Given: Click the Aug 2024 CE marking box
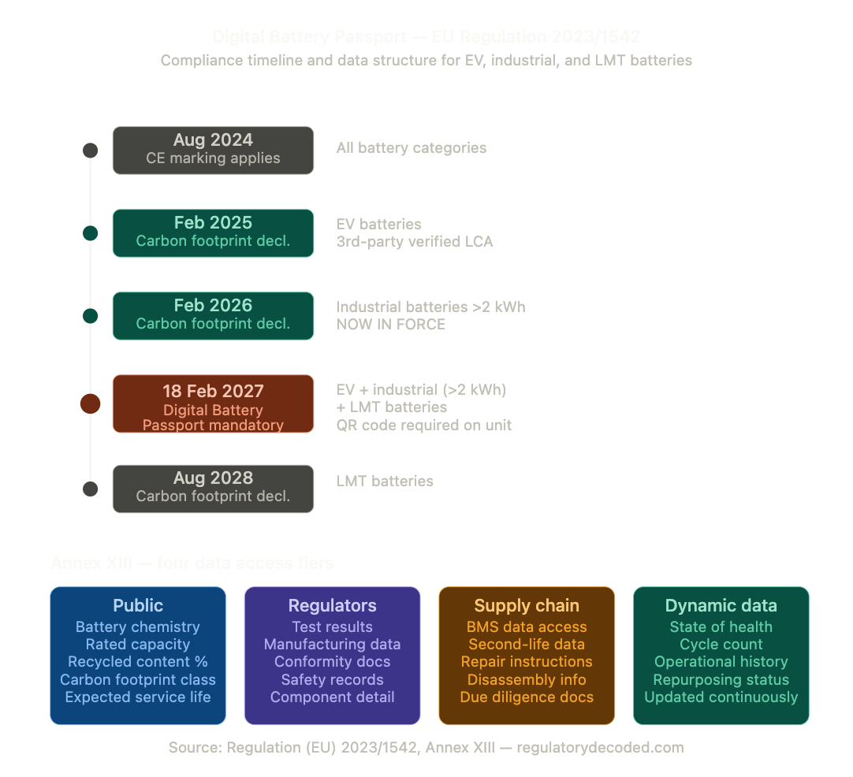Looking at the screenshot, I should pyautogui.click(x=213, y=150).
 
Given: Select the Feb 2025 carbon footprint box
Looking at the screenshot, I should pyautogui.click(x=213, y=232).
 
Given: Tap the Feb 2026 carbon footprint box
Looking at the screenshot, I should pyautogui.click(x=213, y=315).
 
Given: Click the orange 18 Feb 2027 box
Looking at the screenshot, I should pyautogui.click(x=213, y=403).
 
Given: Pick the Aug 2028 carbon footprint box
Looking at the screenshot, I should pyautogui.click(x=213, y=489).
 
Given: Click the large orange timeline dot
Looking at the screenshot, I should pyautogui.click(x=91, y=404).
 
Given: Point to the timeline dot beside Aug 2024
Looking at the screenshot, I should pyautogui.click(x=91, y=150).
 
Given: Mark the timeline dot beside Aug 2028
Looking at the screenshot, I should pyautogui.click(x=91, y=489).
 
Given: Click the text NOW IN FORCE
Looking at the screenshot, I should pyautogui.click(x=391, y=324).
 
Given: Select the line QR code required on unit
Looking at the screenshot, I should pyautogui.click(x=424, y=425).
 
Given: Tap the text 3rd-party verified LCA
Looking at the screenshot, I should pyautogui.click(x=415, y=241).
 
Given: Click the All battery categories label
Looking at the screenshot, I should pyautogui.click(x=412, y=147).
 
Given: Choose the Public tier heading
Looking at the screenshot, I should pyautogui.click(x=138, y=605).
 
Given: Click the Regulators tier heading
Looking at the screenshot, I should pyautogui.click(x=332, y=605).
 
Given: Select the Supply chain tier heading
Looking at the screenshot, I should pyautogui.click(x=527, y=605).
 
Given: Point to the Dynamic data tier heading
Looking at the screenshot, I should pyautogui.click(x=721, y=605).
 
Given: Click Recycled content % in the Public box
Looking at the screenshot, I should pyautogui.click(x=138, y=662).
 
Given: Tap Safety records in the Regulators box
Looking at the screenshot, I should pyautogui.click(x=332, y=679).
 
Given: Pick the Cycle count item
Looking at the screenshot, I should pyautogui.click(x=721, y=645).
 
